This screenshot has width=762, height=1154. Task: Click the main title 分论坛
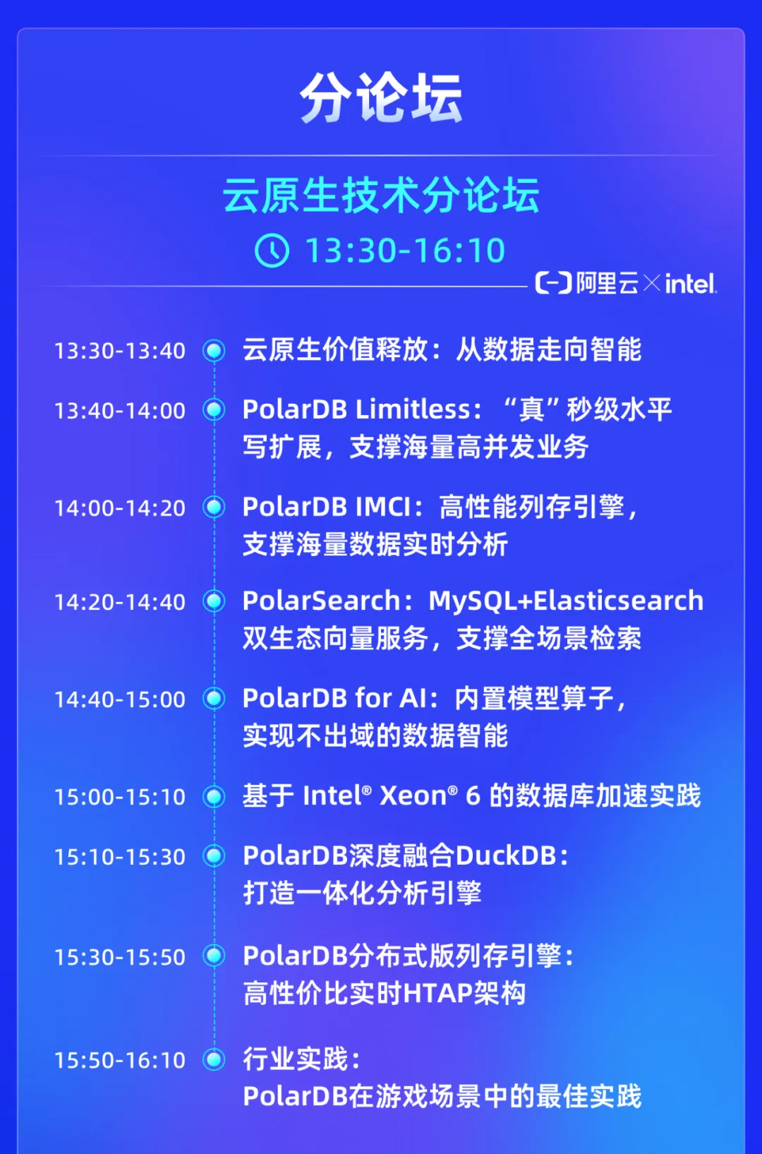click(x=381, y=97)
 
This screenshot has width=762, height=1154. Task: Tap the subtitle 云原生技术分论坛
click(x=381, y=195)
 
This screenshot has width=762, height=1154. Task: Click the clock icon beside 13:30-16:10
click(x=272, y=251)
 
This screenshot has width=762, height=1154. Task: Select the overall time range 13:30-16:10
click(x=405, y=251)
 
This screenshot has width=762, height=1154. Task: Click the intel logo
click(x=691, y=283)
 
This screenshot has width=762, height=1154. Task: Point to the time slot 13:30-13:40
click(x=120, y=351)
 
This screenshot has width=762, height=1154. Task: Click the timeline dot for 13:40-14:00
click(x=214, y=410)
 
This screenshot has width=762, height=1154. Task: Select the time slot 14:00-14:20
click(x=120, y=508)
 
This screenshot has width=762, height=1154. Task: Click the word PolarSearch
click(x=321, y=601)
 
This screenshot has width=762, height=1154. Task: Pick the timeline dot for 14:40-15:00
click(x=214, y=699)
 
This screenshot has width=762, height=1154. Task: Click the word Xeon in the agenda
click(x=413, y=796)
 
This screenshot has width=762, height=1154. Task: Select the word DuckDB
click(x=506, y=856)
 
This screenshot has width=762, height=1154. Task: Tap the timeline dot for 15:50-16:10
click(x=214, y=1059)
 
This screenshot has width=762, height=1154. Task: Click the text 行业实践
click(x=296, y=1059)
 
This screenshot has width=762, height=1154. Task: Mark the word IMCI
click(x=383, y=507)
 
